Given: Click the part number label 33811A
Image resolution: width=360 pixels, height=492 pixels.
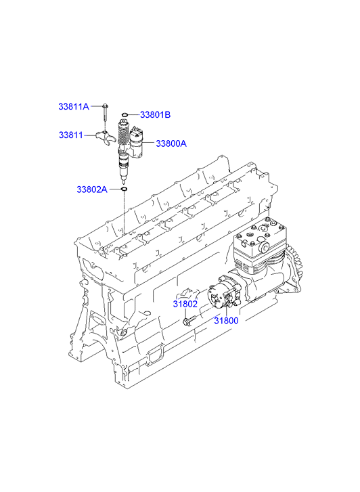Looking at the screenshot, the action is click(74, 107).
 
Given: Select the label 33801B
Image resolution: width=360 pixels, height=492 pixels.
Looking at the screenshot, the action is click(155, 115).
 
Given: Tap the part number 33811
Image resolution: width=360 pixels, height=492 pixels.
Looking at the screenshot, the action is click(71, 135).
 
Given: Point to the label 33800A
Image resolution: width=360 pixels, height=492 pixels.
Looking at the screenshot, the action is click(171, 143).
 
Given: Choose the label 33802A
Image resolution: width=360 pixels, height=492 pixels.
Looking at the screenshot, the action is click(92, 189).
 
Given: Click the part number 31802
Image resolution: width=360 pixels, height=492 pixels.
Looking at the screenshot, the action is click(185, 304).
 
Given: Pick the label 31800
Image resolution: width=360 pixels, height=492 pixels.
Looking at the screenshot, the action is click(226, 321).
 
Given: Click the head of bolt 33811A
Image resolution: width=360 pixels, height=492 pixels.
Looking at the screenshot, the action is click(104, 106).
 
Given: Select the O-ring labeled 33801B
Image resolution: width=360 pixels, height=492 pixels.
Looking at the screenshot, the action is click(125, 115).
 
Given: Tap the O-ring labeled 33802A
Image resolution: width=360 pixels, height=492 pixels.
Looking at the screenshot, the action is click(125, 189).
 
